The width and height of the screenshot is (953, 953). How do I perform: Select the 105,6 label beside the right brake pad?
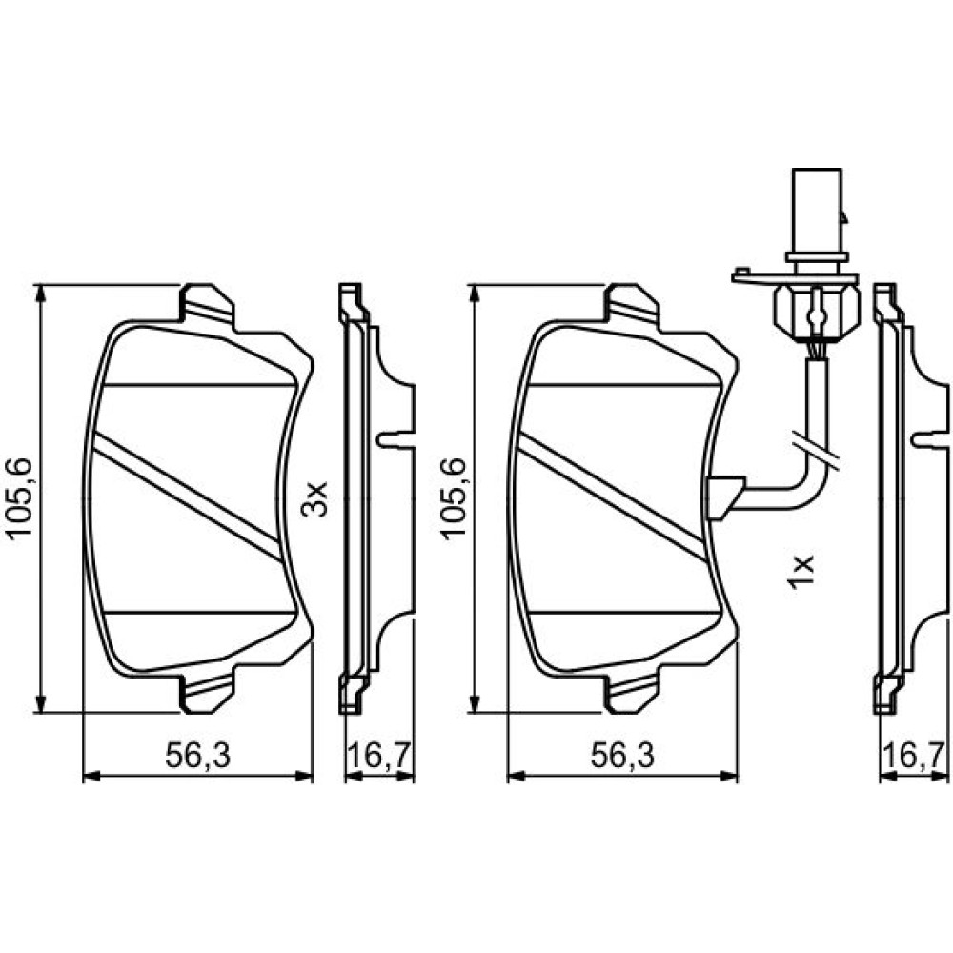(454, 497)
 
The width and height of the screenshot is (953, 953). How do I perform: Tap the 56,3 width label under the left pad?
(198, 756)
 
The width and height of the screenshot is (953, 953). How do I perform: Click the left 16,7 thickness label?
(380, 756)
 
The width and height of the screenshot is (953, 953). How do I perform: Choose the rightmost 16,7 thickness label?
(914, 756)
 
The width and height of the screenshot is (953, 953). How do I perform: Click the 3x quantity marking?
(314, 498)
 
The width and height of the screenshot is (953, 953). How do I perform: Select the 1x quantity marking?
(800, 571)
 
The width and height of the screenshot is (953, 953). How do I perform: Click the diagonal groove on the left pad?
(186, 496)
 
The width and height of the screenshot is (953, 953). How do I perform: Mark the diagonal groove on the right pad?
(611, 496)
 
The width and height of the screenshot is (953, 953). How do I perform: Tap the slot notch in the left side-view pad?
(395, 438)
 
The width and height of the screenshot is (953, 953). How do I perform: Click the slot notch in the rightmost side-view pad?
(929, 438)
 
